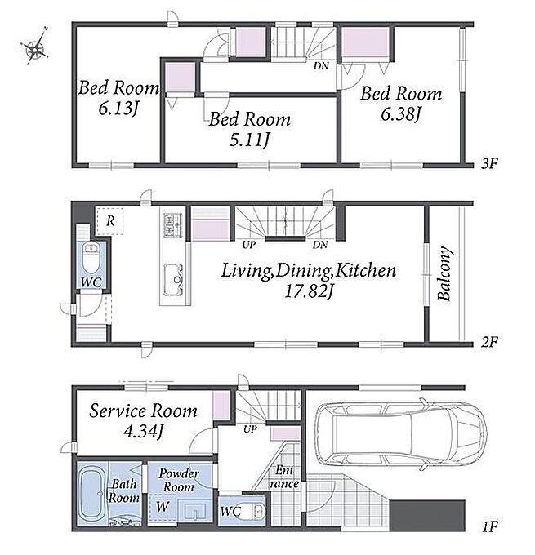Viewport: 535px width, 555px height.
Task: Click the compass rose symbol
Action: click(35, 47)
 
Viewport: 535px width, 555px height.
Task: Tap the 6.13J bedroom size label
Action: click(118, 109)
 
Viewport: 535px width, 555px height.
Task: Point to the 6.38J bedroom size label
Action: click(400, 114)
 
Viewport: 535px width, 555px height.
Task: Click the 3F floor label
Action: click(490, 163)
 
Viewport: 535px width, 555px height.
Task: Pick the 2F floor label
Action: click(490, 342)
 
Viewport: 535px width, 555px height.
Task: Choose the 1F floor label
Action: click(490, 526)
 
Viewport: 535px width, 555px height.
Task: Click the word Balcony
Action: click(444, 273)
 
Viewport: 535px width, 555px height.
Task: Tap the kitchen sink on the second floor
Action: click(174, 280)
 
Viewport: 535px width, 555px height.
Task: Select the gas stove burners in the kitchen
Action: click(173, 225)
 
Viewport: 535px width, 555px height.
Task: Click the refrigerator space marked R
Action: click(110, 221)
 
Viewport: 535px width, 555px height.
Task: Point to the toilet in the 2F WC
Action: click(91, 259)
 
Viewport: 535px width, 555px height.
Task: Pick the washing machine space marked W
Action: click(163, 506)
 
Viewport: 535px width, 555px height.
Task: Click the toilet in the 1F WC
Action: click(258, 511)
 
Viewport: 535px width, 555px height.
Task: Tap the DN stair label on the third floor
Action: click(321, 65)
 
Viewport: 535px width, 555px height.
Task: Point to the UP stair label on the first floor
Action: click(250, 429)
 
